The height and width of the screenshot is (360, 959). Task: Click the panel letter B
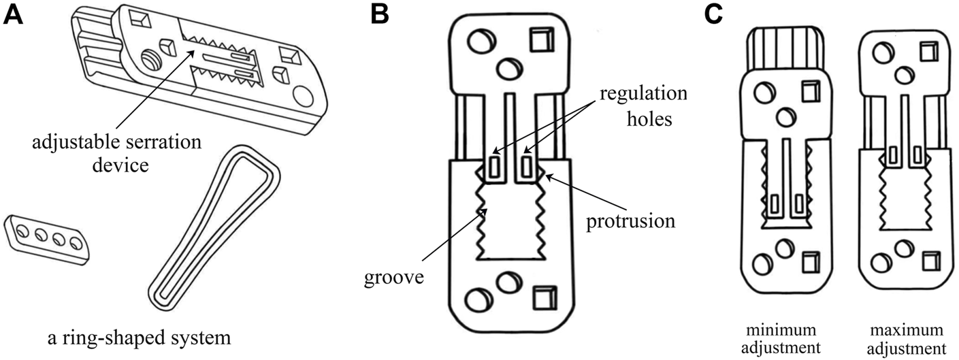379,15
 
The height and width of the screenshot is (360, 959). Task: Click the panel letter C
712,15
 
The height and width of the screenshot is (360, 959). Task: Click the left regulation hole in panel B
494,165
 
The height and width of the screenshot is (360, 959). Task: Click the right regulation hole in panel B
528,165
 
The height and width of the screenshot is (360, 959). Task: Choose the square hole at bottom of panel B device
542,296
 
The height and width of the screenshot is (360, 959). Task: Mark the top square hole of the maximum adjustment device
927,52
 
